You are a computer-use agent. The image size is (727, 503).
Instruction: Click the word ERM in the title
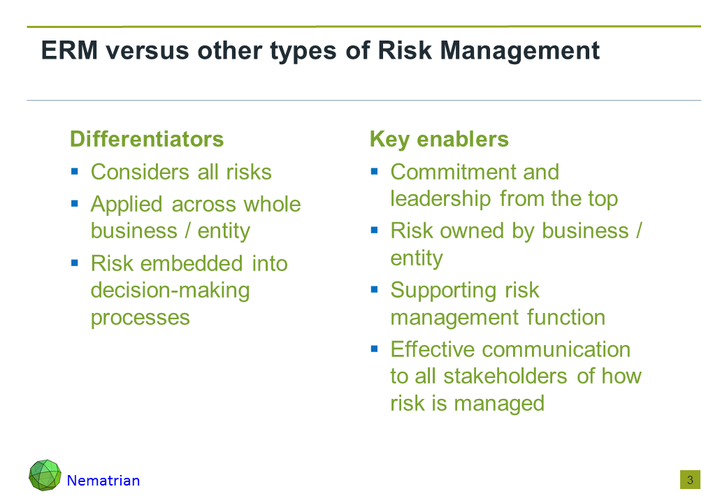[69, 50]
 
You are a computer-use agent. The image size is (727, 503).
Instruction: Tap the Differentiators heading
[147, 139]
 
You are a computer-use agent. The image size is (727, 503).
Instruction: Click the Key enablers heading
[439, 140]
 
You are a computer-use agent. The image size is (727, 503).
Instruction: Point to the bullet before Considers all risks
[75, 172]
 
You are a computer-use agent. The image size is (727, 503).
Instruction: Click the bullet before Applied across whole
[75, 203]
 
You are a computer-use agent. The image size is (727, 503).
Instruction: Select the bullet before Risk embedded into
[75, 263]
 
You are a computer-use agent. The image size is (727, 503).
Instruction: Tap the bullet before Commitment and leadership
[375, 172]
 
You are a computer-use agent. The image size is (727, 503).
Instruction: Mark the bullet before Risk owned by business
[375, 231]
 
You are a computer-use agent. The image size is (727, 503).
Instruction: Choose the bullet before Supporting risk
[375, 290]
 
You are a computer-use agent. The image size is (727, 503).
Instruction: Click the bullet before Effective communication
[375, 349]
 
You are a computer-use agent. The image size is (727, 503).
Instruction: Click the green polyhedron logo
[45, 475]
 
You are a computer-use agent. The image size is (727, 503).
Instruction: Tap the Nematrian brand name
[103, 481]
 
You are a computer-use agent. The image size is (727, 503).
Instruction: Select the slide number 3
[690, 480]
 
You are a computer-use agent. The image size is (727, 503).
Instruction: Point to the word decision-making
[170, 291]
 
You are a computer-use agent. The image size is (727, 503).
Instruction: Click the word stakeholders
[505, 376]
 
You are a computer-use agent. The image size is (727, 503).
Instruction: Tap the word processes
[141, 319]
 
